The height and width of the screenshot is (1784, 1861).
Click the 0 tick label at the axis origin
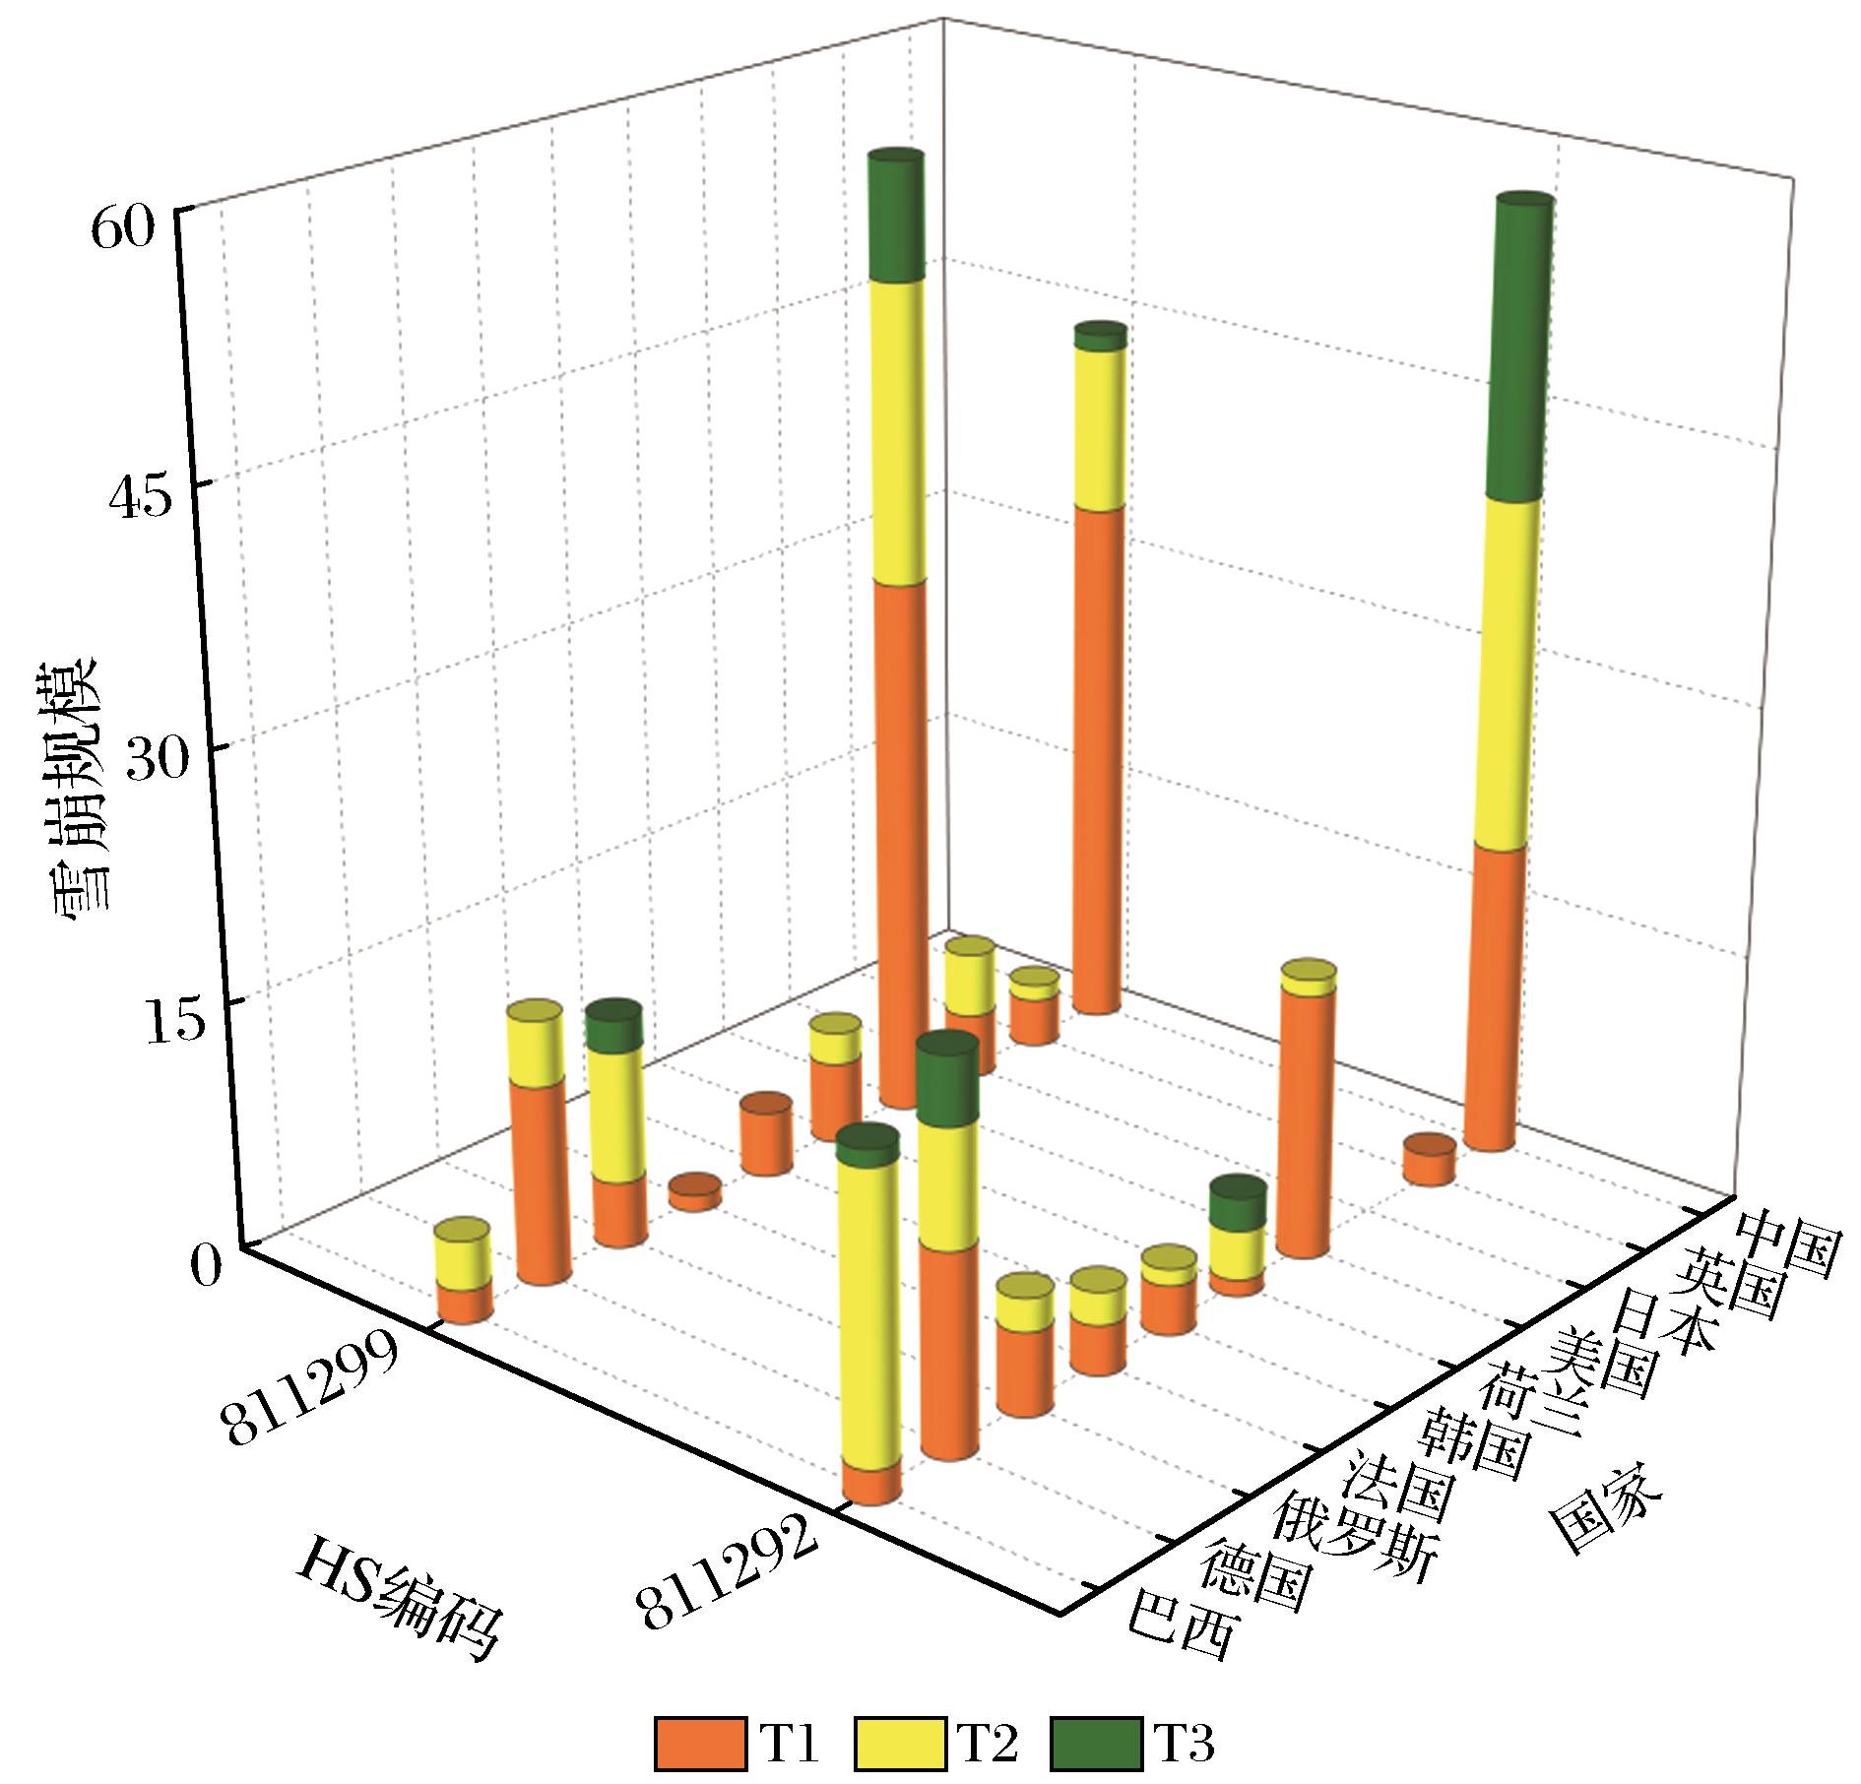pos(210,1265)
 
